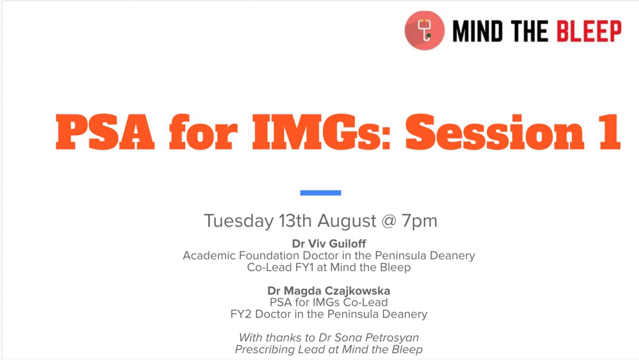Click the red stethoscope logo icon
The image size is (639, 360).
point(424,30)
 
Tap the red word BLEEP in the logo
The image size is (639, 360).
point(589,31)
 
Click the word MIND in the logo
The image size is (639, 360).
point(478,31)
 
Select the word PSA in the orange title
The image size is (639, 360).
point(105,132)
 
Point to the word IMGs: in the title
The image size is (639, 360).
point(321,132)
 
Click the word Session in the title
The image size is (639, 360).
point(495,132)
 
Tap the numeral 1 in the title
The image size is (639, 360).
point(610,132)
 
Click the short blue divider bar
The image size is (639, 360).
point(321,193)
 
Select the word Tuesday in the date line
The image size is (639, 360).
point(239,221)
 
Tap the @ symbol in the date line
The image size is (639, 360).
point(389,221)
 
